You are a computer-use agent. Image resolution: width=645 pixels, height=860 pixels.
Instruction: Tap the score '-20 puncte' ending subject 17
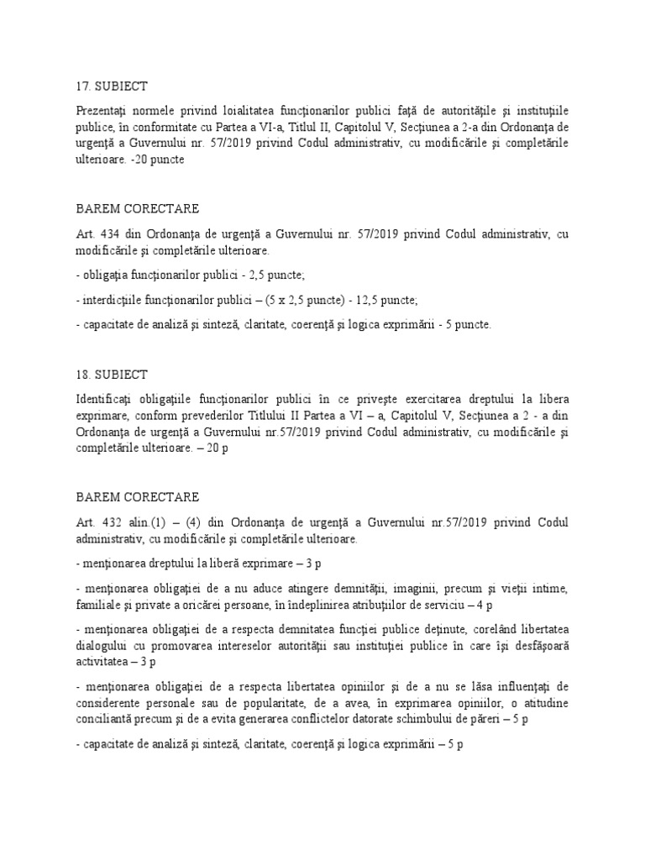tap(157, 160)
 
